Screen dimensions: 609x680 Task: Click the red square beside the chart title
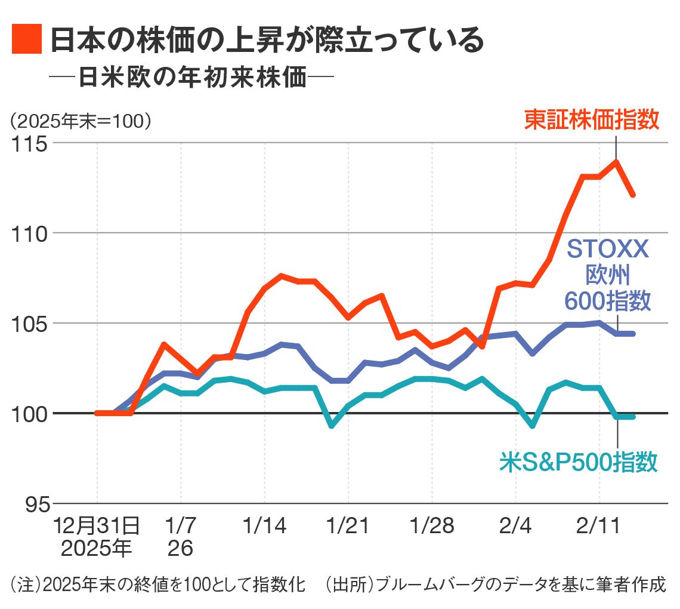point(27,40)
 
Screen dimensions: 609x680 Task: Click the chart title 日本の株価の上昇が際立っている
point(266,40)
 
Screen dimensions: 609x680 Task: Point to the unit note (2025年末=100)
point(80,121)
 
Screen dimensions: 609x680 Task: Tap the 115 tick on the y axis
point(30,143)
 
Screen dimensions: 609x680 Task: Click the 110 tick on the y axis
point(30,233)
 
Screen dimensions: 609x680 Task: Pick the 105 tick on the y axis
point(30,324)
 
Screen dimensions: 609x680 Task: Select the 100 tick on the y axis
point(30,413)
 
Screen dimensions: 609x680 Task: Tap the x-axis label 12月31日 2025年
point(97,537)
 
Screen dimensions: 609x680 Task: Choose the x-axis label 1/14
point(264,527)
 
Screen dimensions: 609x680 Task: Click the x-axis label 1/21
point(348,527)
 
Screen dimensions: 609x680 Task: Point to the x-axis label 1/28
point(431,527)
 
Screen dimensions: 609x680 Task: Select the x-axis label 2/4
point(515,527)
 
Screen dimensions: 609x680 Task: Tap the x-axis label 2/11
point(598,527)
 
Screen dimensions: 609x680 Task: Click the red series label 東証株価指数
point(591,119)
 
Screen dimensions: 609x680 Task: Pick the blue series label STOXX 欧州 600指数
point(607,275)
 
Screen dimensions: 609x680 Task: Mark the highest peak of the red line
point(616,161)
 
